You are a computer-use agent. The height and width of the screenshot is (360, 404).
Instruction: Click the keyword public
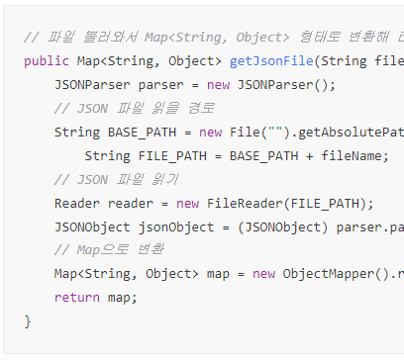46,60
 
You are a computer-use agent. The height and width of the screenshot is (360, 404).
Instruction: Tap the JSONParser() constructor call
287,84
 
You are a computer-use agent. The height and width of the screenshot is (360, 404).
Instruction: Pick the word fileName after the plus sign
354,155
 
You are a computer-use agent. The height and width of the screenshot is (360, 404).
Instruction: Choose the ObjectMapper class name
328,274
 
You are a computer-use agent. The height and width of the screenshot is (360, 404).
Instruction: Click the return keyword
76,298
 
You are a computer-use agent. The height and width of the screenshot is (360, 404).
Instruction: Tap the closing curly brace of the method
28,321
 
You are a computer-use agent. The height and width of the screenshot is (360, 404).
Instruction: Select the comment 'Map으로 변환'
109,250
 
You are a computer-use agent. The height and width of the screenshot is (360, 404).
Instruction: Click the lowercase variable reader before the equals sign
130,203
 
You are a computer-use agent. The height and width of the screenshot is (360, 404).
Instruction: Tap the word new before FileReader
187,203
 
